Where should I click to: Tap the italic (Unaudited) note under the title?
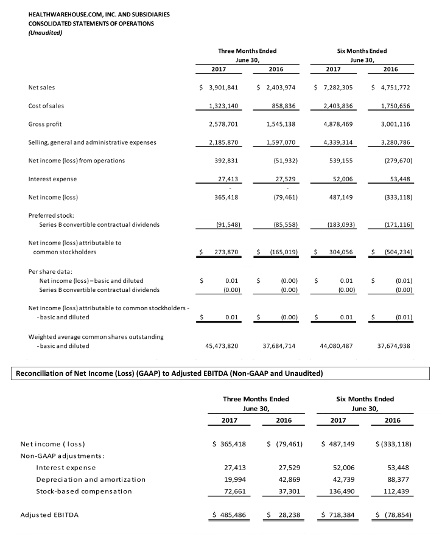pos(46,32)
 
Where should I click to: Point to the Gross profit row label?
pos(45,124)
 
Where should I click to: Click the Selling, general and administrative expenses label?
pos(92,142)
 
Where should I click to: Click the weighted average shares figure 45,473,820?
pos(219,345)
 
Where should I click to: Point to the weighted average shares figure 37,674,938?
pos(393,345)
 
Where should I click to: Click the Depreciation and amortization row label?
pos(91,479)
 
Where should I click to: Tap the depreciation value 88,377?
pos(399,479)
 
